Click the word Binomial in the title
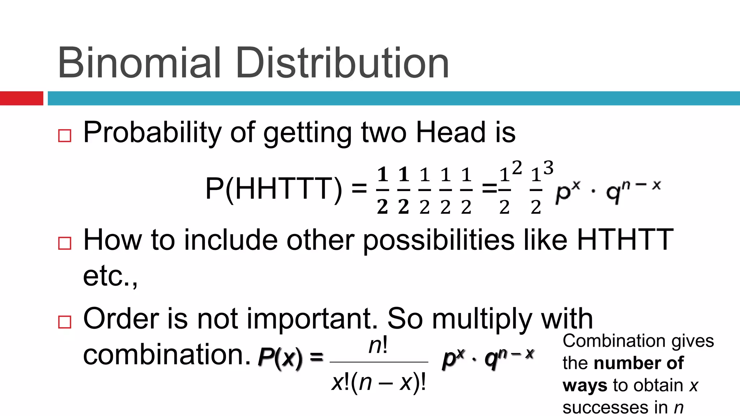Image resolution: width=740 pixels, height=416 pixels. (x=139, y=63)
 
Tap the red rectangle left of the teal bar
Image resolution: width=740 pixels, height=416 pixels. (x=21, y=98)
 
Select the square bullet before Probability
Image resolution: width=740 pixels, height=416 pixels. (x=65, y=136)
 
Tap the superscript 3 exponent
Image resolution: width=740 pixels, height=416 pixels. (x=548, y=168)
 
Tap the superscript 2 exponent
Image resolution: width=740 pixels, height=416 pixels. (x=517, y=168)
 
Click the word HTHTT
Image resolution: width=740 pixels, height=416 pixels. (x=625, y=239)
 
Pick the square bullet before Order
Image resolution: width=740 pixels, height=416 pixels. (x=65, y=321)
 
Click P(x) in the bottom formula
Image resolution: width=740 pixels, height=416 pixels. (x=280, y=359)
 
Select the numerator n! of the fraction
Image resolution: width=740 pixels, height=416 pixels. (x=378, y=346)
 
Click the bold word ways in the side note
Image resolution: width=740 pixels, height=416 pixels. (x=585, y=386)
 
